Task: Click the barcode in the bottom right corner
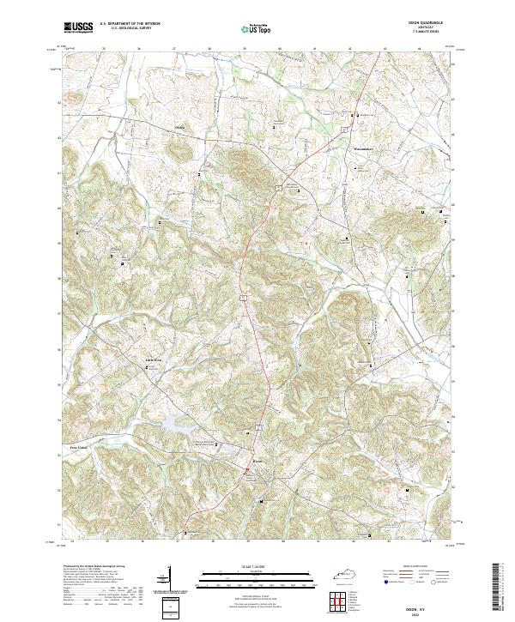coord(501,585)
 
